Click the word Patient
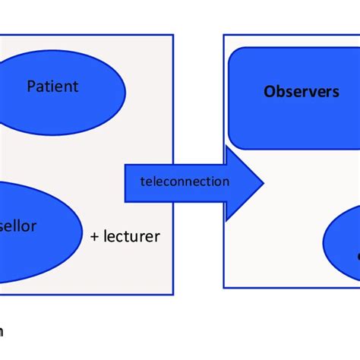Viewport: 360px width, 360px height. (x=52, y=86)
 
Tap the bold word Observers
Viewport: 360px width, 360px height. (x=301, y=91)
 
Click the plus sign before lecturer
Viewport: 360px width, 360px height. (x=94, y=237)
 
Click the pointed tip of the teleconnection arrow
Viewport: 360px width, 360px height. (x=264, y=182)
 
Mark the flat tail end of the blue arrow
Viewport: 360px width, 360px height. (x=126, y=182)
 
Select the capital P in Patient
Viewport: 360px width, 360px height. (x=31, y=86)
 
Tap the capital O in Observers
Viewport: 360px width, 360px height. (x=269, y=91)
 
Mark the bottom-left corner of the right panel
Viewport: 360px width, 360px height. (x=224, y=287)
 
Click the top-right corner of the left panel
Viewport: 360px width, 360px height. (x=173, y=35)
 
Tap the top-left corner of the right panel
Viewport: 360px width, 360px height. (x=224, y=35)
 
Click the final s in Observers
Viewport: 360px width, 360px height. (x=335, y=91)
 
